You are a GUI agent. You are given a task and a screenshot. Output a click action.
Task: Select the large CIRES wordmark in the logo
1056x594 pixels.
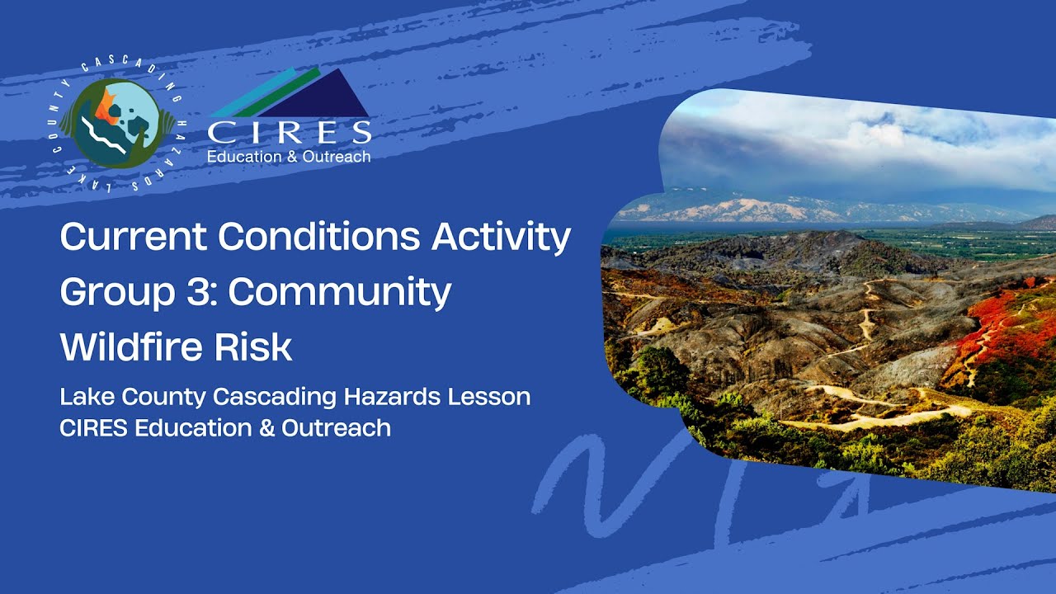pos(289,133)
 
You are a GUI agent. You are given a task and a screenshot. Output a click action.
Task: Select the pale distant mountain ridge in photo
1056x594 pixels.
pos(742,208)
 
